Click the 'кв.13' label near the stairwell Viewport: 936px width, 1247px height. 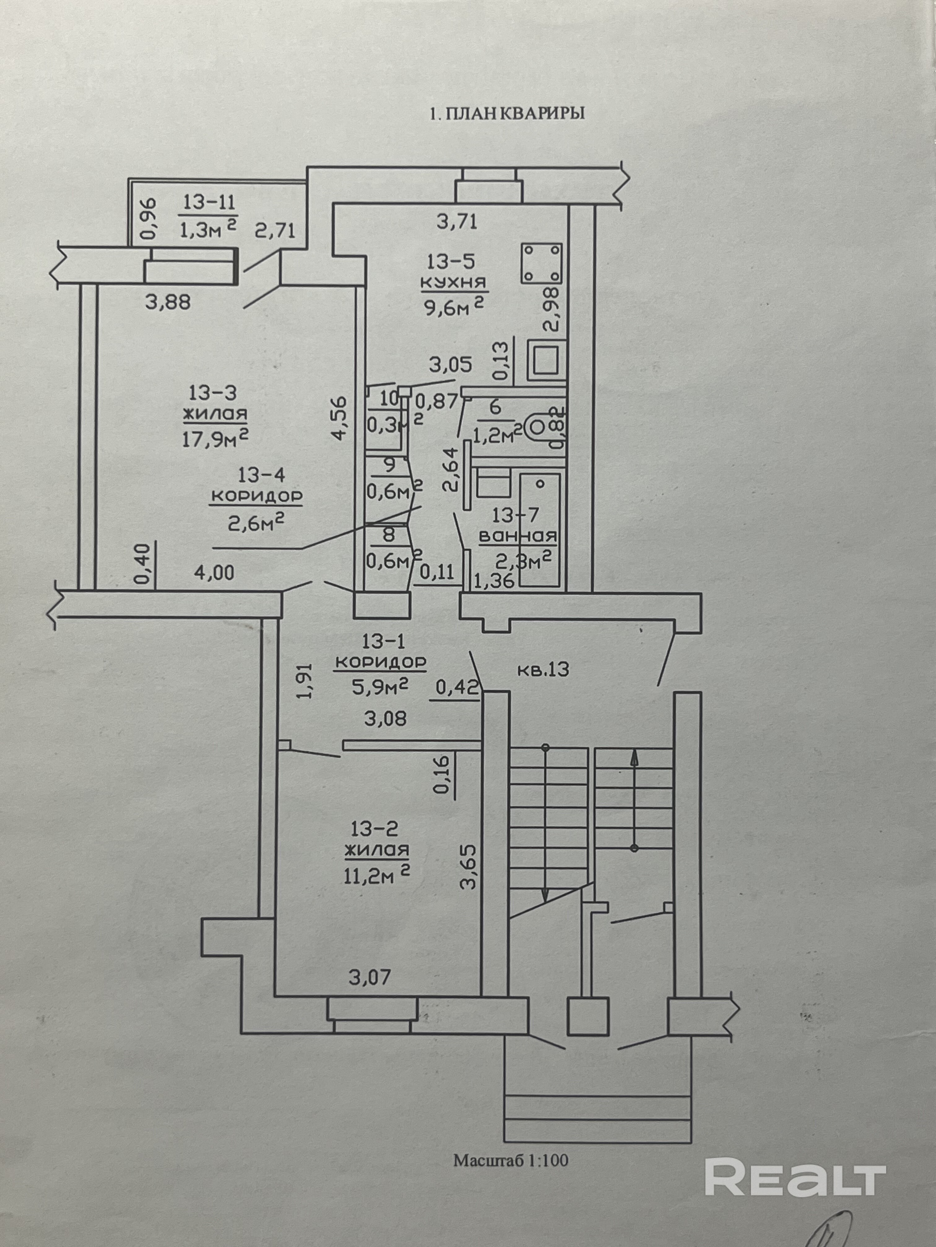(x=543, y=670)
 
